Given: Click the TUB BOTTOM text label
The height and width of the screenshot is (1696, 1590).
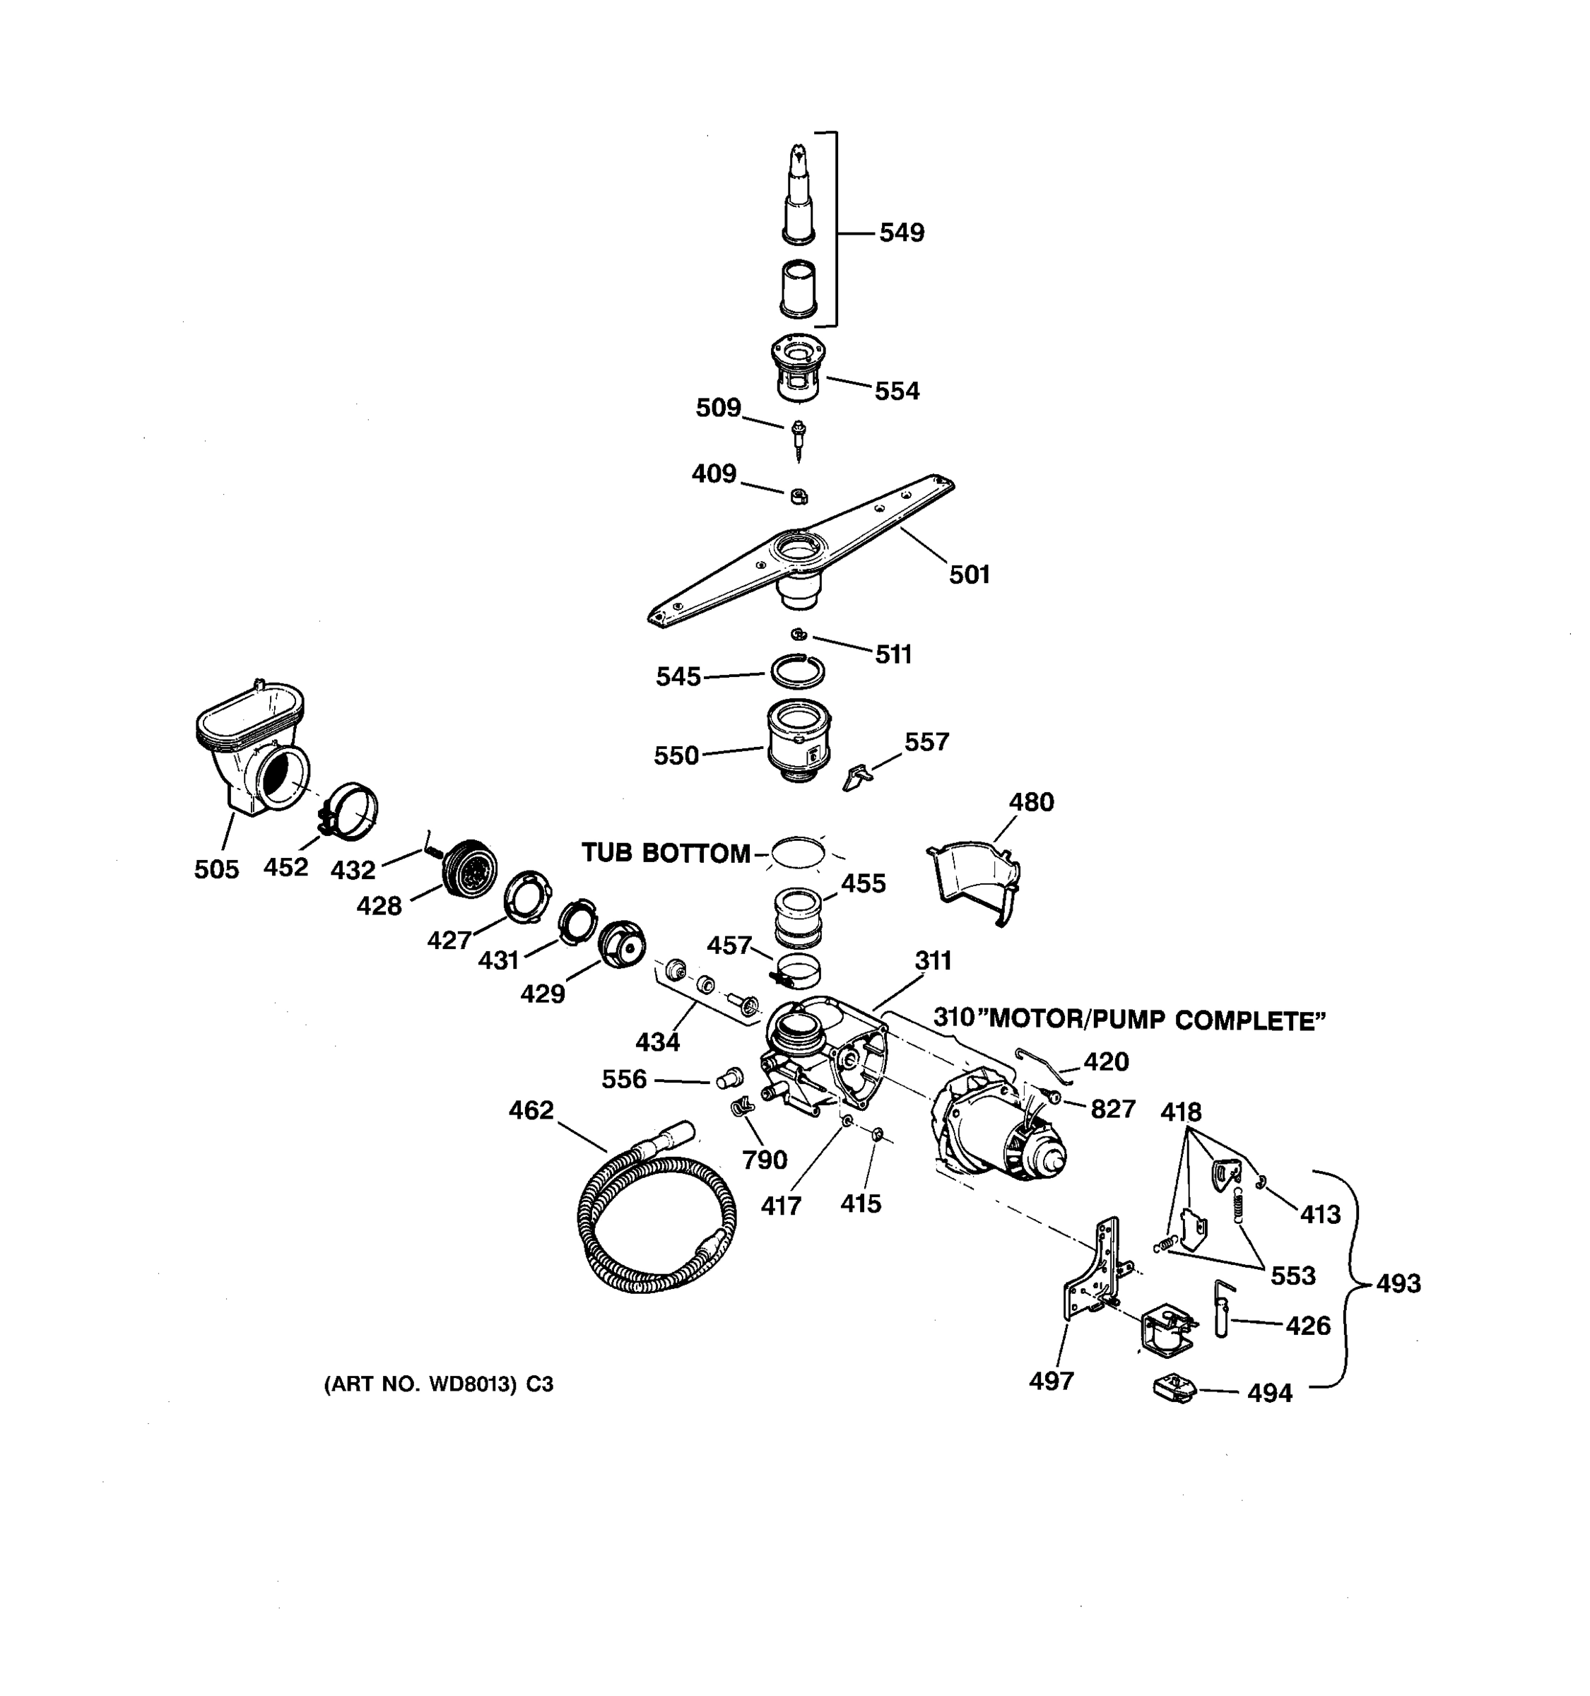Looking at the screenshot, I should [x=666, y=853].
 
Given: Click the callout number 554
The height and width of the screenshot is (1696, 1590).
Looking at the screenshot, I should [x=897, y=391].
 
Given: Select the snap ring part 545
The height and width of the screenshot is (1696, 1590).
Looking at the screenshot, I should [x=798, y=671].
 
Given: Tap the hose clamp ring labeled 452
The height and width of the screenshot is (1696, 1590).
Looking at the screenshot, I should [x=351, y=811].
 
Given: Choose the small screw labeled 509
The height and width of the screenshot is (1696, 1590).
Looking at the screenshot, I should [x=799, y=439].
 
